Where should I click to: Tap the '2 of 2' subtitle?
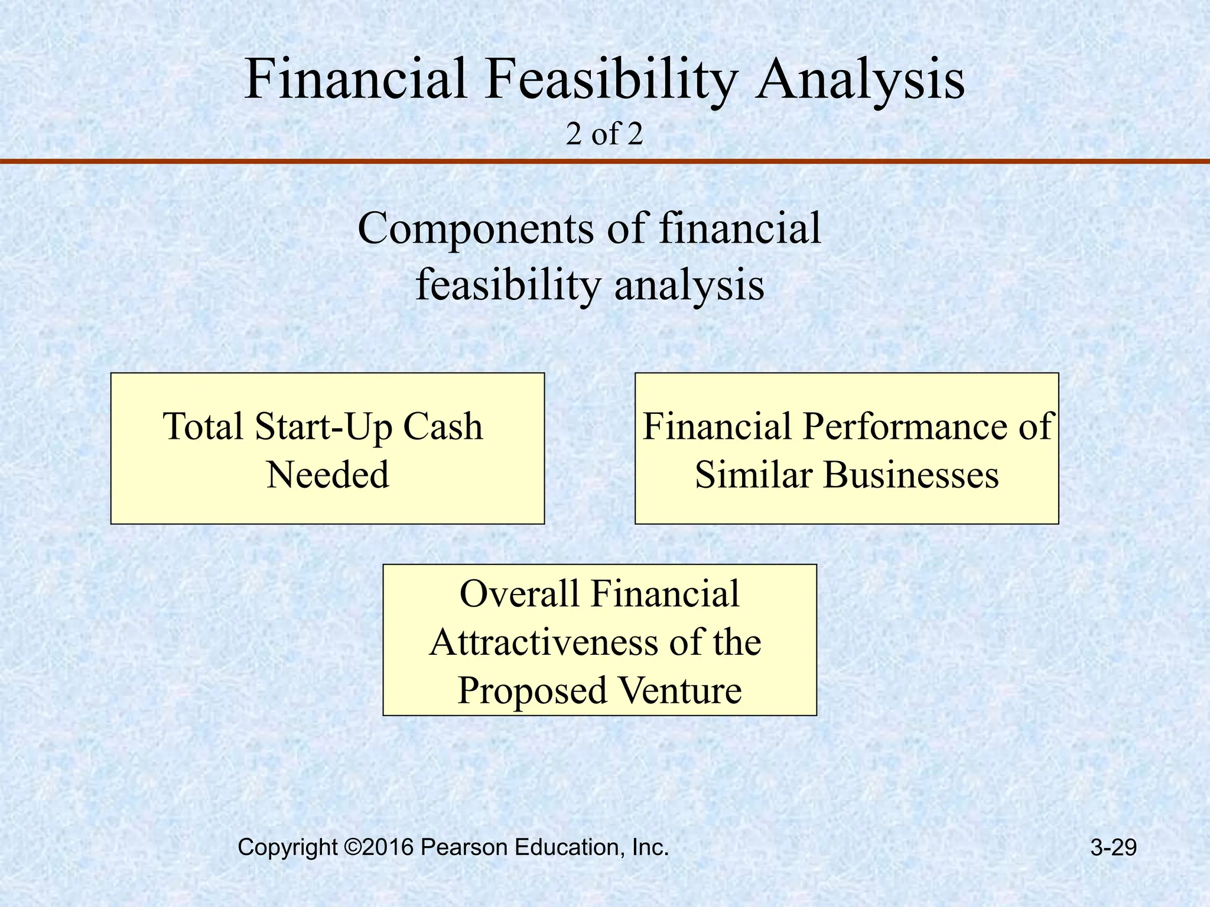coord(604,135)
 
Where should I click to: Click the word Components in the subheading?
coord(476,229)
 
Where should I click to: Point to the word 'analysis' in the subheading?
coord(689,286)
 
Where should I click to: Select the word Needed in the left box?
coord(328,475)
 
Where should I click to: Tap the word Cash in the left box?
coord(443,427)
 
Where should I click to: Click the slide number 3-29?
coord(1113,848)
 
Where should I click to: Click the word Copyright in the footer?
coord(287,848)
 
